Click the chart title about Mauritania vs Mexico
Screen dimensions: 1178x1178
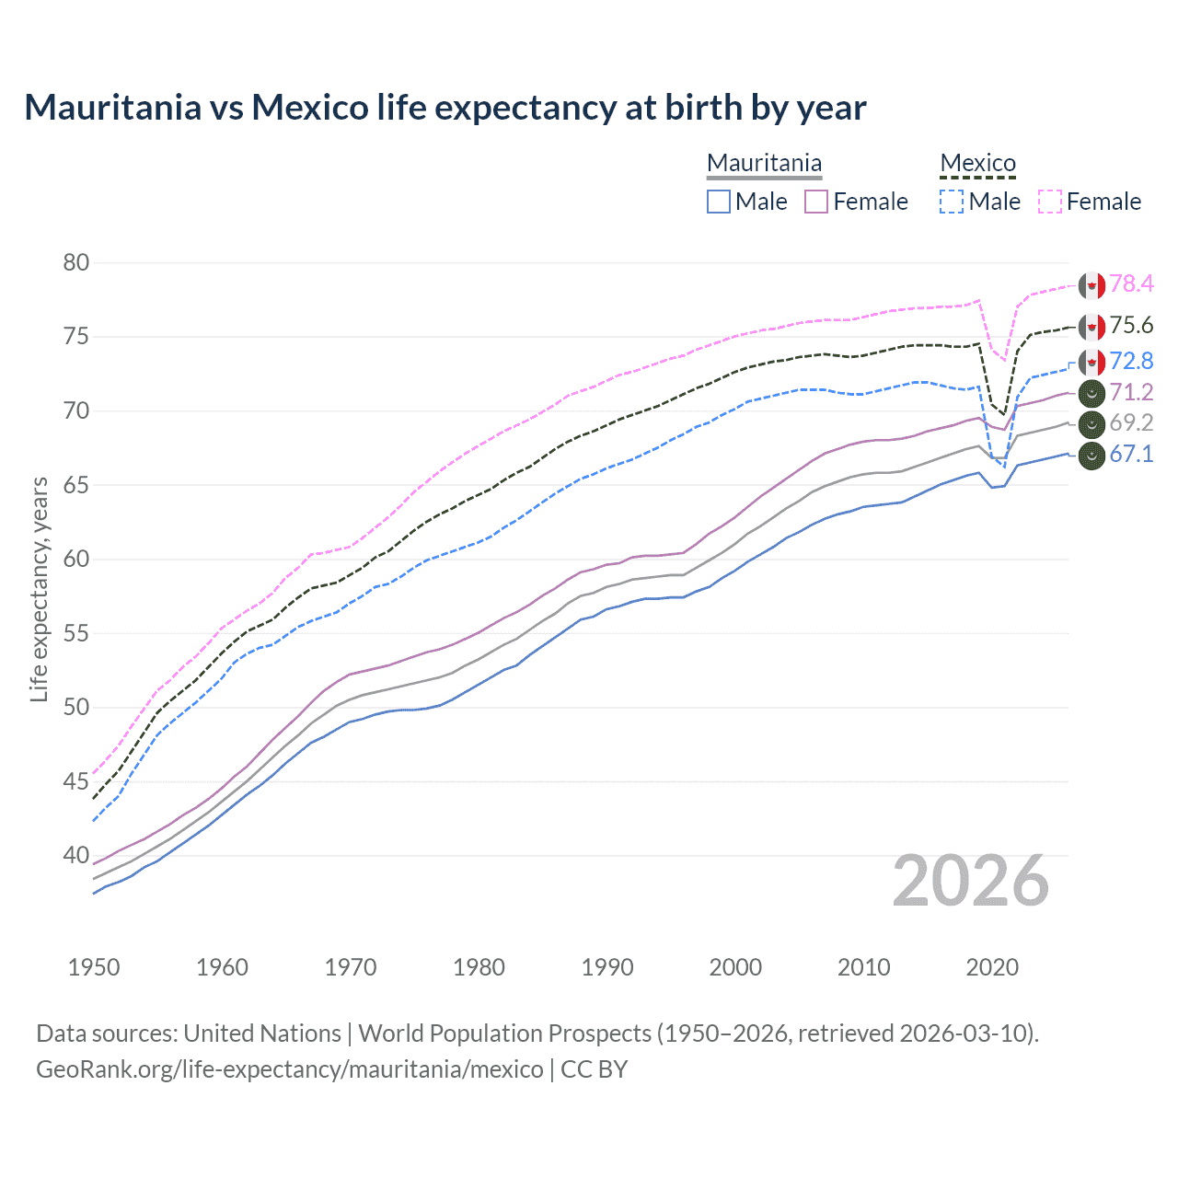point(445,108)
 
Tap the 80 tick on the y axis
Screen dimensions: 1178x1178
point(76,262)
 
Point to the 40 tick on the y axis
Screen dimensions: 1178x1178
point(76,855)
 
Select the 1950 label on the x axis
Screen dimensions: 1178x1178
point(94,967)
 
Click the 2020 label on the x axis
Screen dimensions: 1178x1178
point(992,967)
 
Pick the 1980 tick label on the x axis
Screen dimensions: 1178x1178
point(479,967)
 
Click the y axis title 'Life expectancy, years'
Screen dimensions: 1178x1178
point(39,589)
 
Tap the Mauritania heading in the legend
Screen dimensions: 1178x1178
point(764,163)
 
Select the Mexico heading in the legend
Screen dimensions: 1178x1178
point(977,163)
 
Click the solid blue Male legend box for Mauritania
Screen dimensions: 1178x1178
point(719,202)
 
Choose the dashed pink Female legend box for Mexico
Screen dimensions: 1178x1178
point(1050,202)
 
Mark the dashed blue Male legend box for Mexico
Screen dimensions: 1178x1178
point(952,202)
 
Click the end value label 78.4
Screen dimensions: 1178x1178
point(1131,283)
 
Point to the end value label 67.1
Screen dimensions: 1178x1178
point(1131,454)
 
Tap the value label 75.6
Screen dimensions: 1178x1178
point(1131,325)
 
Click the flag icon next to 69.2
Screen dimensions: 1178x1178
point(1091,424)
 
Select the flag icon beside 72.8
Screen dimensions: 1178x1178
point(1091,362)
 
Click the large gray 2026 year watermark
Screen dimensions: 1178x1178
point(971,881)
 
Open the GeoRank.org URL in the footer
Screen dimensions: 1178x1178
point(290,1069)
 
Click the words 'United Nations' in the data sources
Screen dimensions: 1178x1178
point(262,1034)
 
